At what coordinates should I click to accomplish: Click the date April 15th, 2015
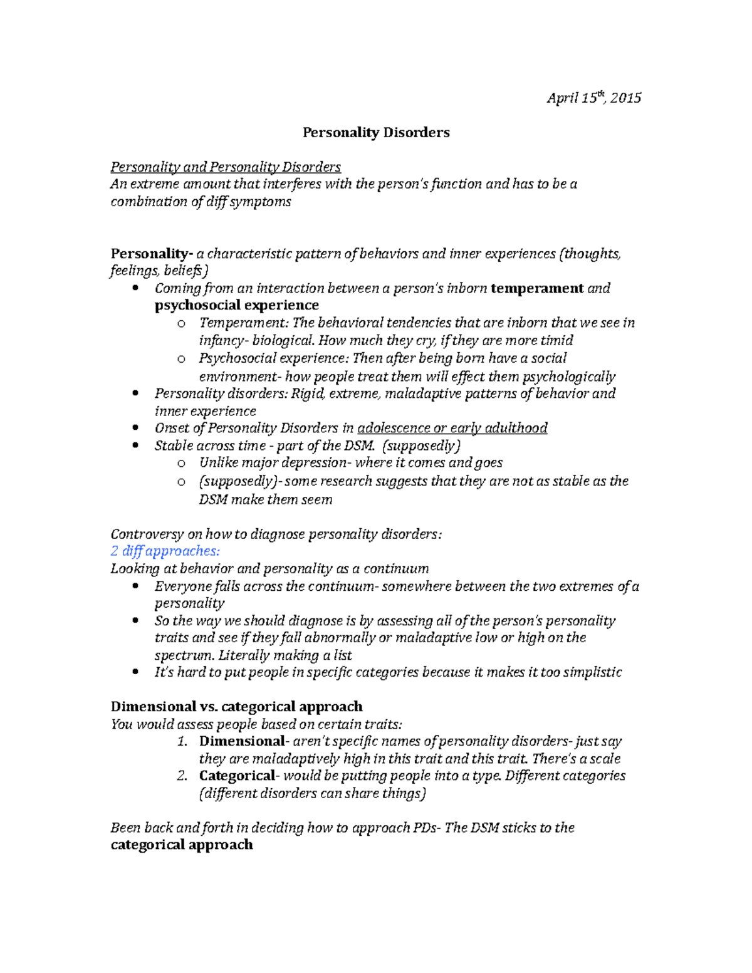pyautogui.click(x=593, y=98)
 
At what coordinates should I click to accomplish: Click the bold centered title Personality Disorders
pyautogui.click(x=376, y=133)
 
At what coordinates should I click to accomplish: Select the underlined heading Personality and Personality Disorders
pyautogui.click(x=226, y=167)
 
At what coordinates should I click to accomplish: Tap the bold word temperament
pyautogui.click(x=537, y=288)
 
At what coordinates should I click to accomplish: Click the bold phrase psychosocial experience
pyautogui.click(x=237, y=305)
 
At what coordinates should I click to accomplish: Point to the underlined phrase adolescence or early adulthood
pyautogui.click(x=452, y=428)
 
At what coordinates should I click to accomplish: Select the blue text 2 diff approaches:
pyautogui.click(x=165, y=551)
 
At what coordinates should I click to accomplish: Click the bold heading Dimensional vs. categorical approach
pyautogui.click(x=236, y=707)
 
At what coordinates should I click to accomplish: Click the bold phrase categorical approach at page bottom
pyautogui.click(x=182, y=845)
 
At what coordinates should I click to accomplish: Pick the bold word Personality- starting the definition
pyautogui.click(x=151, y=254)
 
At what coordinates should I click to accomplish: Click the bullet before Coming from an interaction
pyautogui.click(x=136, y=288)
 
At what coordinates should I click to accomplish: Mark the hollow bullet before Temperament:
pyautogui.click(x=181, y=323)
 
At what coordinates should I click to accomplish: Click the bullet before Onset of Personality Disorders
pyautogui.click(x=136, y=428)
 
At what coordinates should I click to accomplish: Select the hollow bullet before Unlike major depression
pyautogui.click(x=181, y=463)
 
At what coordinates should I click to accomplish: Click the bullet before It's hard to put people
pyautogui.click(x=136, y=672)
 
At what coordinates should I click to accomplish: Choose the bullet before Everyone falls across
pyautogui.click(x=136, y=586)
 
